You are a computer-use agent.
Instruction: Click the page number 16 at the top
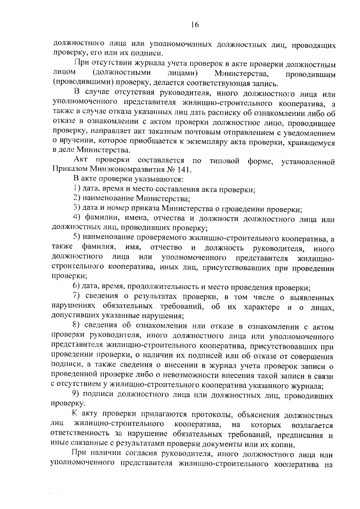tap(195, 24)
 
